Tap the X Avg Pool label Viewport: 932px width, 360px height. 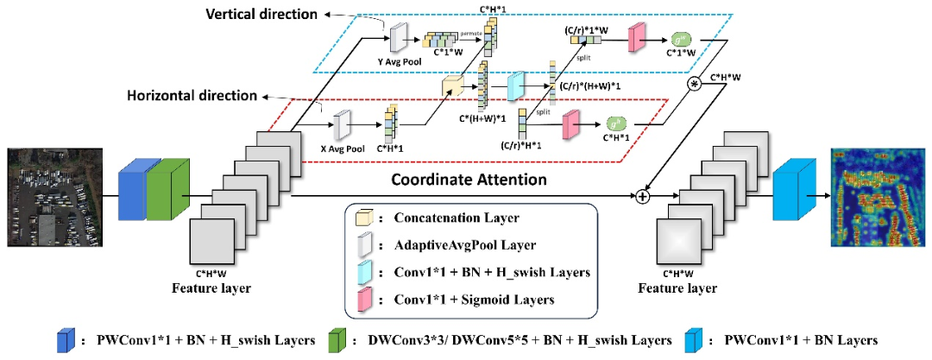pyautogui.click(x=343, y=148)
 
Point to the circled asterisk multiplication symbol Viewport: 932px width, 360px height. pyautogui.click(x=694, y=84)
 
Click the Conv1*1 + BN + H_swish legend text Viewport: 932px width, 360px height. pyautogui.click(x=479, y=272)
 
